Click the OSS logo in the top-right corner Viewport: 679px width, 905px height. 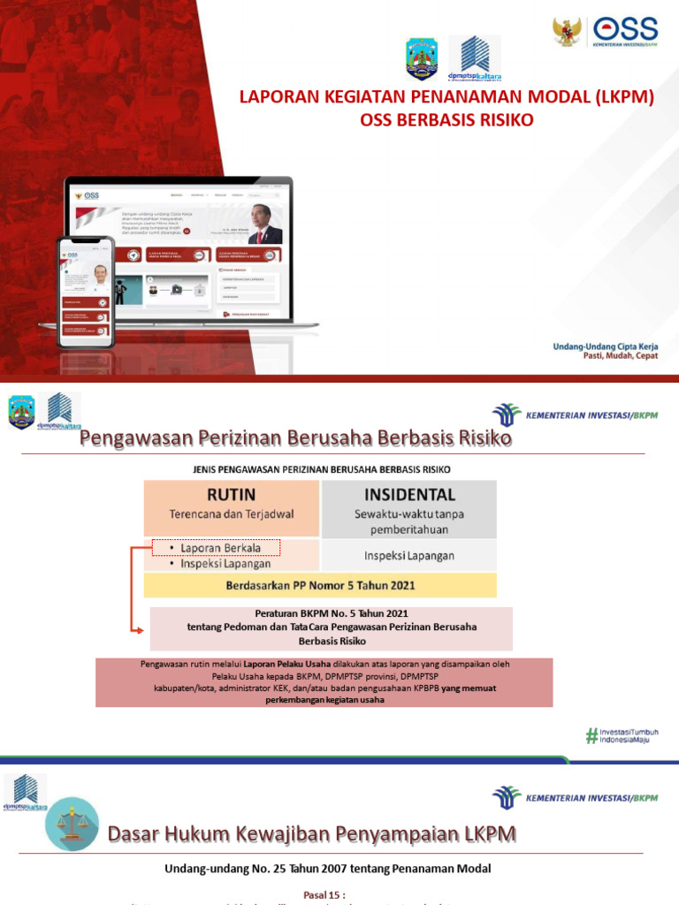pyautogui.click(x=629, y=31)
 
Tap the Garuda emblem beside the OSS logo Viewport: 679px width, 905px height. pyautogui.click(x=568, y=31)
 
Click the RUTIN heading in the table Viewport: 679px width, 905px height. pyautogui.click(x=232, y=494)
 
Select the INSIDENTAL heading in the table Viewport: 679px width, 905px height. pyautogui.click(x=408, y=494)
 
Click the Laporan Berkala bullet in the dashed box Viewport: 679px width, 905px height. pyautogui.click(x=217, y=548)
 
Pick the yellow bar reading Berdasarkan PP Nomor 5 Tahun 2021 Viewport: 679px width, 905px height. pyautogui.click(x=320, y=585)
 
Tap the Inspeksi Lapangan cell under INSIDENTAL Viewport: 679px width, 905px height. pyautogui.click(x=408, y=555)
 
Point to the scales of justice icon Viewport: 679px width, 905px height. pyautogui.click(x=72, y=823)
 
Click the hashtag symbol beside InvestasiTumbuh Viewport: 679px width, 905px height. pyautogui.click(x=591, y=734)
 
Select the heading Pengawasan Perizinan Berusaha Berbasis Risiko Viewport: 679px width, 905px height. pyautogui.click(x=296, y=438)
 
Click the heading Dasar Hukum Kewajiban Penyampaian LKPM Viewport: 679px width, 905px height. pyautogui.click(x=311, y=833)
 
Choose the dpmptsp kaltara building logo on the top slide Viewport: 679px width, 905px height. pyautogui.click(x=475, y=58)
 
